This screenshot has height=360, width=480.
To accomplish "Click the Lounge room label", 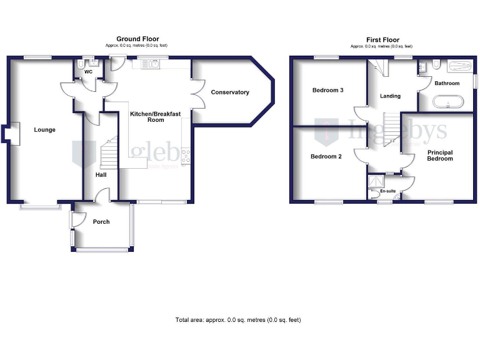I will point(44,130).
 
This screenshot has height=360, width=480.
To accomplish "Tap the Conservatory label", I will point(230,92).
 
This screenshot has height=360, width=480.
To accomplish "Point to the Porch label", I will point(101,222).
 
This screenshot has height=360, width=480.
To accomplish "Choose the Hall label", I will point(101,174).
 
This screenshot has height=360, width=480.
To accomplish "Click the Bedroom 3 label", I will point(328,90).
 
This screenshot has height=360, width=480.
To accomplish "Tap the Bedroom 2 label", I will point(326,156).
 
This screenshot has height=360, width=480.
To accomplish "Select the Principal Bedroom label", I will point(440,156).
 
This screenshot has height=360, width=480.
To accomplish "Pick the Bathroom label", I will point(447,83).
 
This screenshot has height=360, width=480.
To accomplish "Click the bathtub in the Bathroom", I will point(449,101).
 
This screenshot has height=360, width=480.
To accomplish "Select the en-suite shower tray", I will point(376,181).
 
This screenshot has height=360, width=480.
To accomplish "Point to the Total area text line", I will point(238,320).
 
